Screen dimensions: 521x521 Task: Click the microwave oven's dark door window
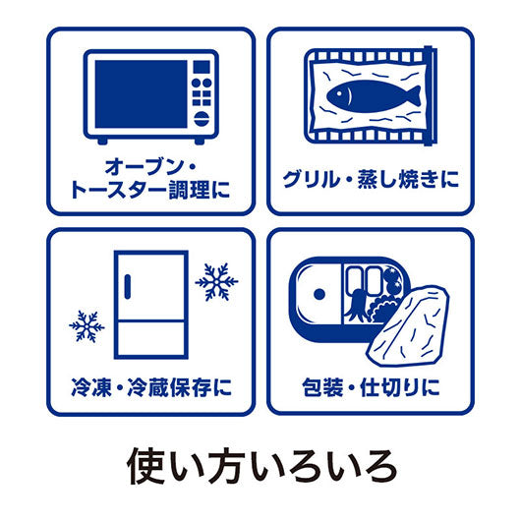point(141,93)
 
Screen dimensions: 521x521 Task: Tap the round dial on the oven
point(202,119)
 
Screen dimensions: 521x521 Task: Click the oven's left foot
point(102,141)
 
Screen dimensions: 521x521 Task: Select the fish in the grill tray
point(374,95)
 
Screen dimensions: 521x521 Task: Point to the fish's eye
point(339,92)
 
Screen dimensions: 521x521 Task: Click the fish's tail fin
point(413,96)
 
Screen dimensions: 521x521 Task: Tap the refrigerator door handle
point(127,286)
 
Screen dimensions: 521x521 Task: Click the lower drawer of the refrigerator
point(151,339)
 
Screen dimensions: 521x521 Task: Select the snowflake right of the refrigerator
point(216,282)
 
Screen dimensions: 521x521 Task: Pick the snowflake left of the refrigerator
point(87,326)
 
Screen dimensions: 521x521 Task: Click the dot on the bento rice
point(319,294)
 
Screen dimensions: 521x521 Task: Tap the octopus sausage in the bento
point(356,304)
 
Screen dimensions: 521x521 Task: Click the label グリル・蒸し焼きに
point(371,179)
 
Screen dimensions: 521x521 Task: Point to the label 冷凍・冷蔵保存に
point(151,387)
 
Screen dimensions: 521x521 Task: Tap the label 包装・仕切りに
point(371,387)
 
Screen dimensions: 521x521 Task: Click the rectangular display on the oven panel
point(202,67)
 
